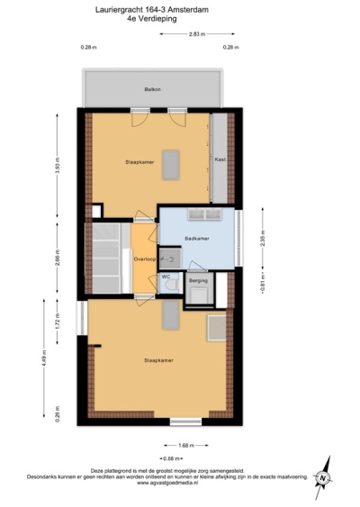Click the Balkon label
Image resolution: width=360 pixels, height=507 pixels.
tap(152, 90)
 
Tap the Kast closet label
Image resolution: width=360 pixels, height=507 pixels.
tap(219, 159)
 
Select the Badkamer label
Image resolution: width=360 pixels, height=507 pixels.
tap(196, 238)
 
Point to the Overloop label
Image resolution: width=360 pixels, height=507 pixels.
tap(144, 258)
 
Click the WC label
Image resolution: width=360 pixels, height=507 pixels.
tap(166, 276)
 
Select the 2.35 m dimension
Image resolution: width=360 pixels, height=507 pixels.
tap(263, 240)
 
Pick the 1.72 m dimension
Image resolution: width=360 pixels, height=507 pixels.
tap(58, 322)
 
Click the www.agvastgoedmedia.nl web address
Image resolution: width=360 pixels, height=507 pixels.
tap(174, 483)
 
